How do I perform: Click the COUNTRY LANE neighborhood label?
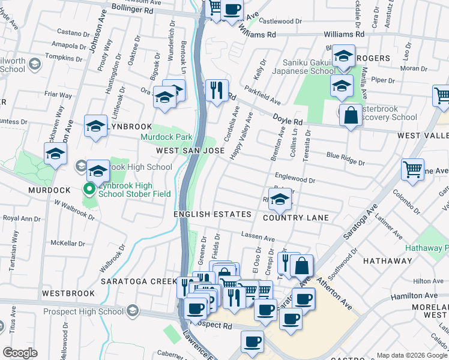point(295,217)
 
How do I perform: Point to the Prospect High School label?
point(83,313)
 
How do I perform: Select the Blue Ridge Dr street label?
point(345,159)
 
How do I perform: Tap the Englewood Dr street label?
point(295,178)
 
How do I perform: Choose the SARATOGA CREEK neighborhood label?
point(133,281)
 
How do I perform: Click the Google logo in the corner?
point(20,353)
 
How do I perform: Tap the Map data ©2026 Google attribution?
point(411,355)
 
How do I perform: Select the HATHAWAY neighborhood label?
point(387,261)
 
